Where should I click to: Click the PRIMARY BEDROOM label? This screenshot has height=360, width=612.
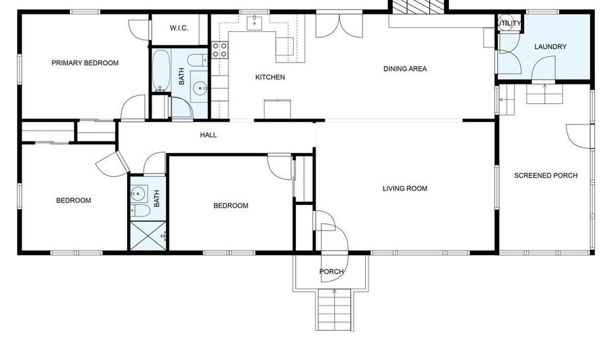85,63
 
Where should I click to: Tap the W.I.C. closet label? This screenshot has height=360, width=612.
178,28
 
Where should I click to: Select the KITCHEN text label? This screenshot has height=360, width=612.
270,78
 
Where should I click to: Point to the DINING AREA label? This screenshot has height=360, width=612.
405,69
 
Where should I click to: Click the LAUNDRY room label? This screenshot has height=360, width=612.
550,47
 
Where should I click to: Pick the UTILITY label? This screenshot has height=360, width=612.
510,24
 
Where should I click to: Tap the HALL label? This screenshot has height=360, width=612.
208,135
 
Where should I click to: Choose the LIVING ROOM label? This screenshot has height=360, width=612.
405,189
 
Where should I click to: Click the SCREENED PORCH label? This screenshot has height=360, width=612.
545,176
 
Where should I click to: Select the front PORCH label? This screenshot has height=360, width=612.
331,272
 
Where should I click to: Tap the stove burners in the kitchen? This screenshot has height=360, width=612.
220,49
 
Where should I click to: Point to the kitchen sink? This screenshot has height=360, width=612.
256,22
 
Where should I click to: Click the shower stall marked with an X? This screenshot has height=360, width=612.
148,235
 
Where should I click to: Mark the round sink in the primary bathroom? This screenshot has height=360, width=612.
199,87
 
